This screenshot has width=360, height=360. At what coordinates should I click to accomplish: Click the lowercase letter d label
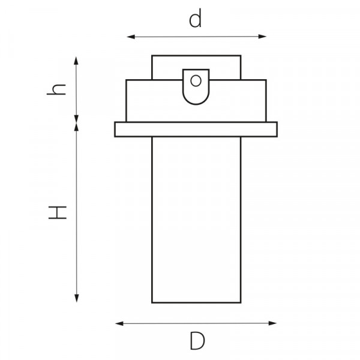pos(196,18)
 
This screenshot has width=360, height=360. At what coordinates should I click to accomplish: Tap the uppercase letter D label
pos(197,341)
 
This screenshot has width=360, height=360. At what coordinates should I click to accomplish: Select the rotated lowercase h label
pos(56,89)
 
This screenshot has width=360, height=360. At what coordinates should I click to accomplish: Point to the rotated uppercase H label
pos(58,212)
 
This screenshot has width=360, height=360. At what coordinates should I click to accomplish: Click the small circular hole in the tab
pos(196,80)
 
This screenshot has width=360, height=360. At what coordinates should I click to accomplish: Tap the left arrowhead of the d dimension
pos(131,37)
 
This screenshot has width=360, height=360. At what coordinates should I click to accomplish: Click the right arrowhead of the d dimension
pos(262,37)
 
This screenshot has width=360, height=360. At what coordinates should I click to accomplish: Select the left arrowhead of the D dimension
pos(119,324)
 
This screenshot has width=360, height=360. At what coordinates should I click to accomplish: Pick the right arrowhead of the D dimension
pos(272,323)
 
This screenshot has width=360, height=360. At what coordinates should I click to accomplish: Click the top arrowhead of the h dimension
pos(76,61)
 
